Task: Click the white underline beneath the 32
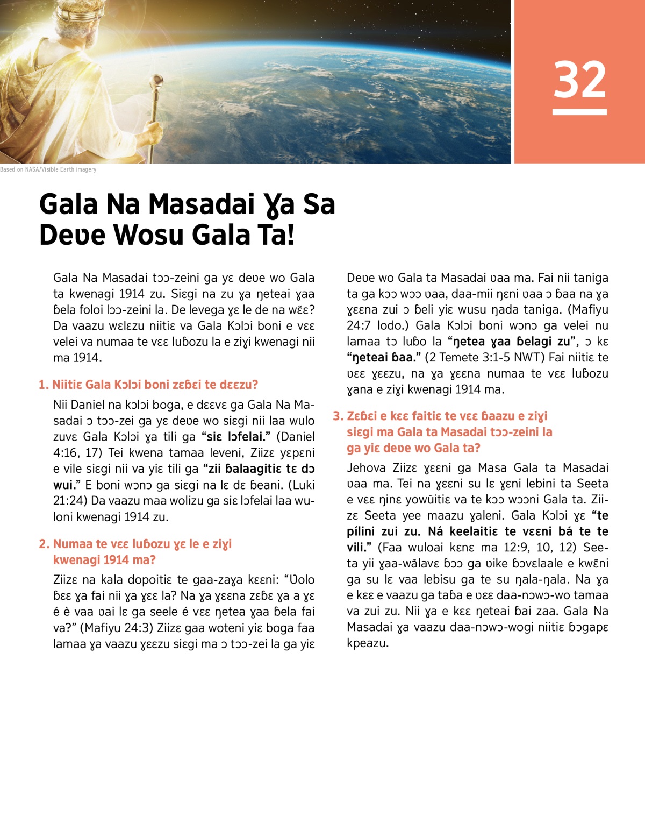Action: click(579, 112)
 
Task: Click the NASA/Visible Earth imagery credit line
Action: click(48, 169)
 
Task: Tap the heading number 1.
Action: click(42, 385)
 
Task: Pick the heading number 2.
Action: click(44, 544)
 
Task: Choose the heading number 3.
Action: click(337, 416)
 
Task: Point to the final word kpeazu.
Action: click(367, 643)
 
